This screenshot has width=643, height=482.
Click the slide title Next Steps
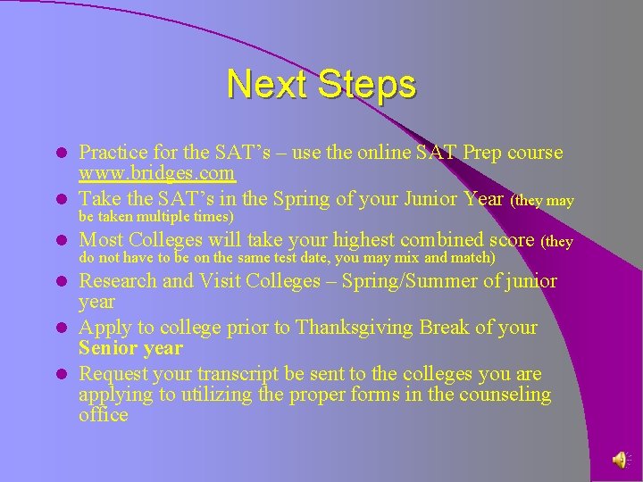[321, 85]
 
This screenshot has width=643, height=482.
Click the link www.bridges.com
[156, 172]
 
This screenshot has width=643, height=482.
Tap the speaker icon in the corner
[620, 459]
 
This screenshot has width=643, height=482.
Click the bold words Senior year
[130, 348]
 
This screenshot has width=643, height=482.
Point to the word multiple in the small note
[179, 217]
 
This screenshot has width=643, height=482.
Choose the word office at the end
[104, 415]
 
